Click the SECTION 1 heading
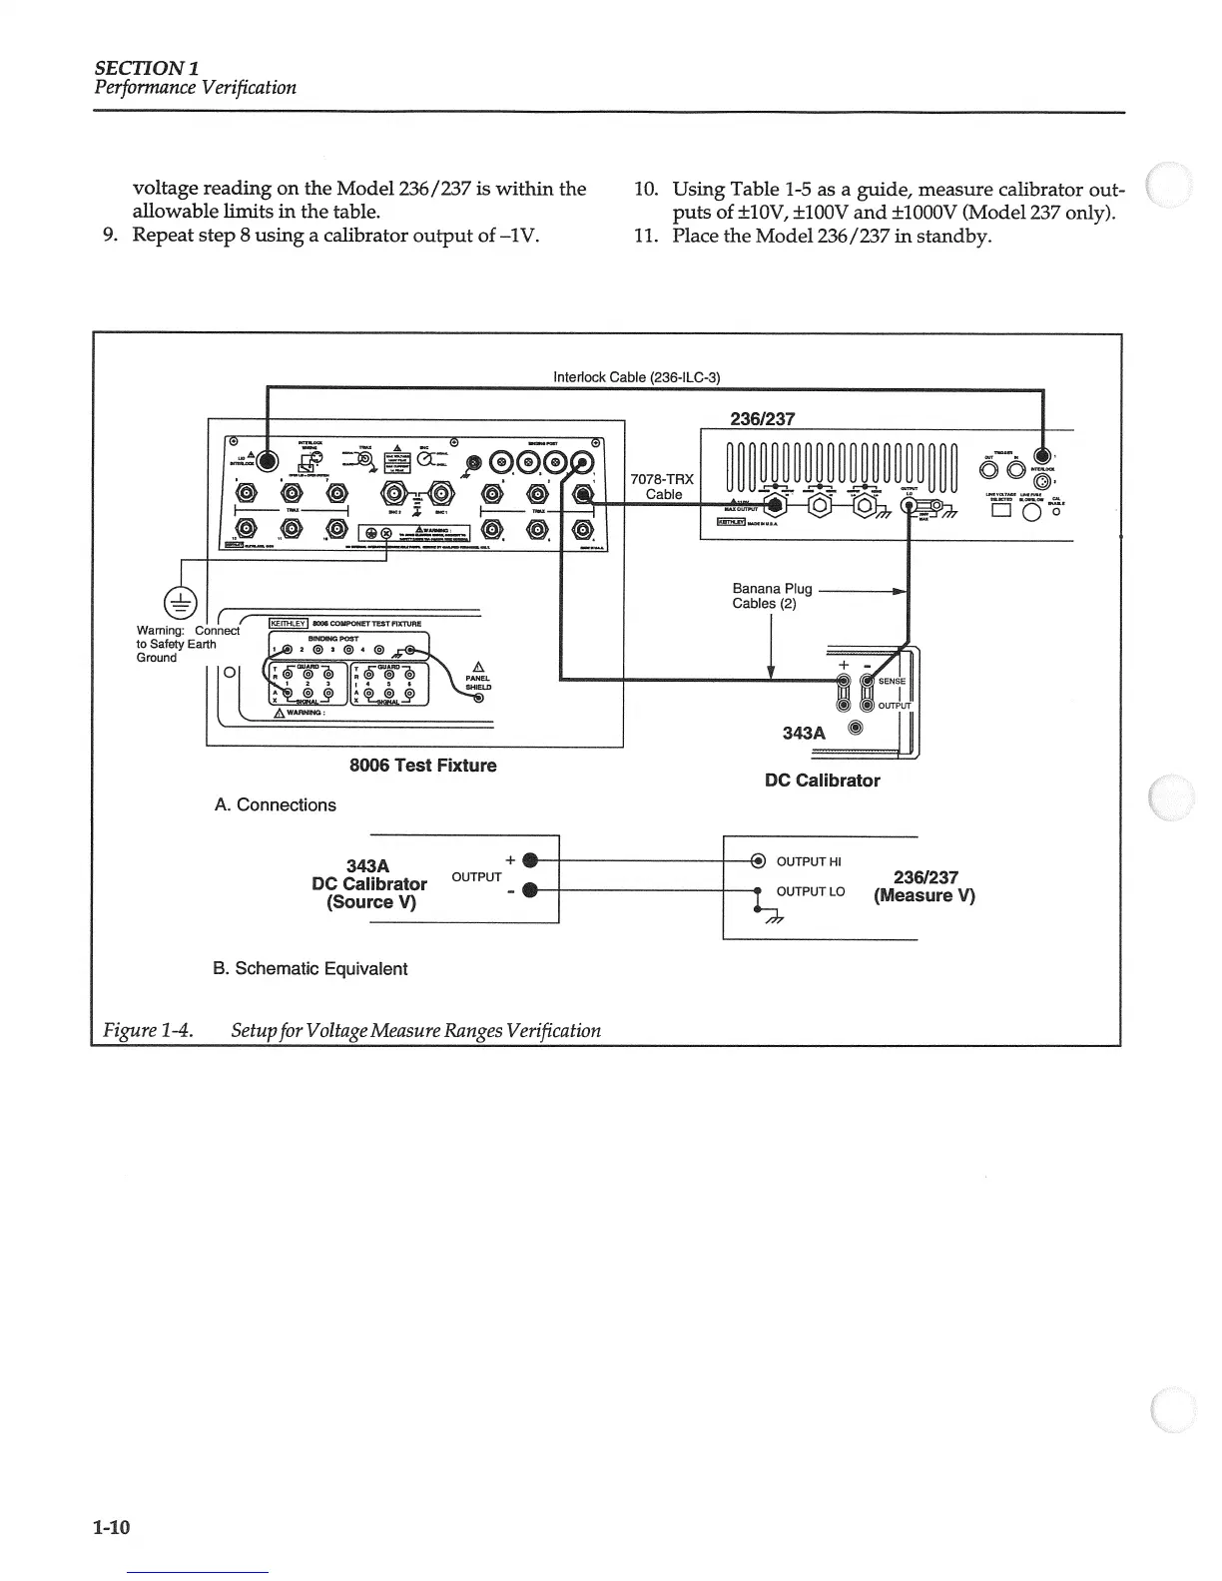tap(147, 67)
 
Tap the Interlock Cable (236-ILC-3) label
tap(636, 376)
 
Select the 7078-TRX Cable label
tap(663, 486)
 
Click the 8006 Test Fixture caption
tap(422, 766)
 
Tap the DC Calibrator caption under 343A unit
tap(822, 781)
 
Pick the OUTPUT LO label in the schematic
tap(810, 891)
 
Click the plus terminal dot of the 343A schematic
tap(531, 860)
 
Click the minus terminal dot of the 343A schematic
tap(531, 891)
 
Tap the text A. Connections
tap(276, 804)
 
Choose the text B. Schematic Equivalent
tap(310, 968)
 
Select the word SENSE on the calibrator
tap(892, 682)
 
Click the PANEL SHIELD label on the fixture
tap(477, 683)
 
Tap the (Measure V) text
tap(923, 895)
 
